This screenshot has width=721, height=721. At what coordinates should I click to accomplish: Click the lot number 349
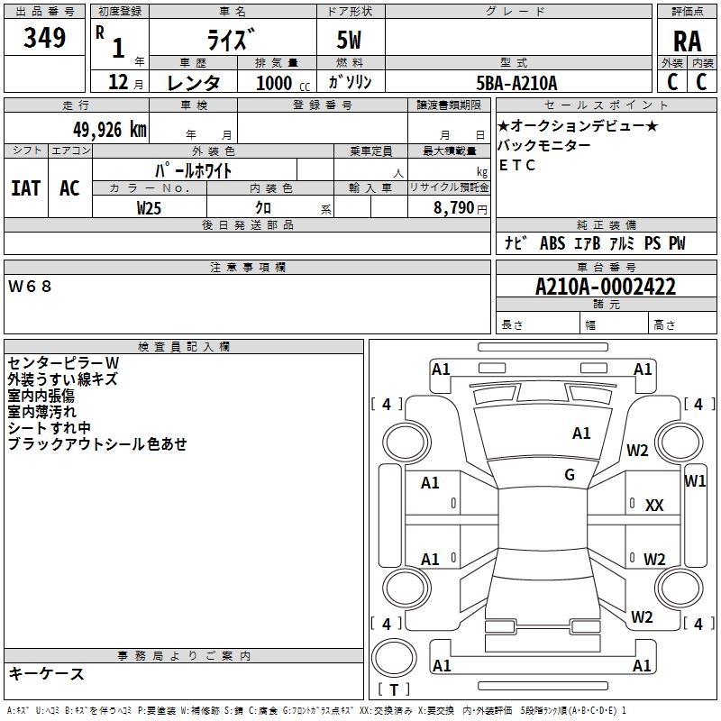45,39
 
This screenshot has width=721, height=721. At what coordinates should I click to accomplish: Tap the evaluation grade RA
687,41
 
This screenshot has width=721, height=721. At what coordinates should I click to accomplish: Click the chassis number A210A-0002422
605,287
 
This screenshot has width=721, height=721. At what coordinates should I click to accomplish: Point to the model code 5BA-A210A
516,83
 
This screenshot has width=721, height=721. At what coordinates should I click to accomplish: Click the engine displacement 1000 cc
282,83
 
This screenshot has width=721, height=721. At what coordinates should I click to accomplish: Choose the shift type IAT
26,188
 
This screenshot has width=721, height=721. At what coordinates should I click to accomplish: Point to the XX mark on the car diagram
654,506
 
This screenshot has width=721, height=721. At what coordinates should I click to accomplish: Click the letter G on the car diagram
570,475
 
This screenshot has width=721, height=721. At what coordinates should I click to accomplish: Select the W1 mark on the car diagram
695,480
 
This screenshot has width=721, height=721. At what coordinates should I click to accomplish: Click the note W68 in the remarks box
31,287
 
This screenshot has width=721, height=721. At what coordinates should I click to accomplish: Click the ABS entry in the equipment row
552,243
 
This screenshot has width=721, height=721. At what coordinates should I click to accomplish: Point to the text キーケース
46,673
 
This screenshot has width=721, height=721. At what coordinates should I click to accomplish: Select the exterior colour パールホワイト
194,169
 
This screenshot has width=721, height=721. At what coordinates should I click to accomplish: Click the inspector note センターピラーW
63,362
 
